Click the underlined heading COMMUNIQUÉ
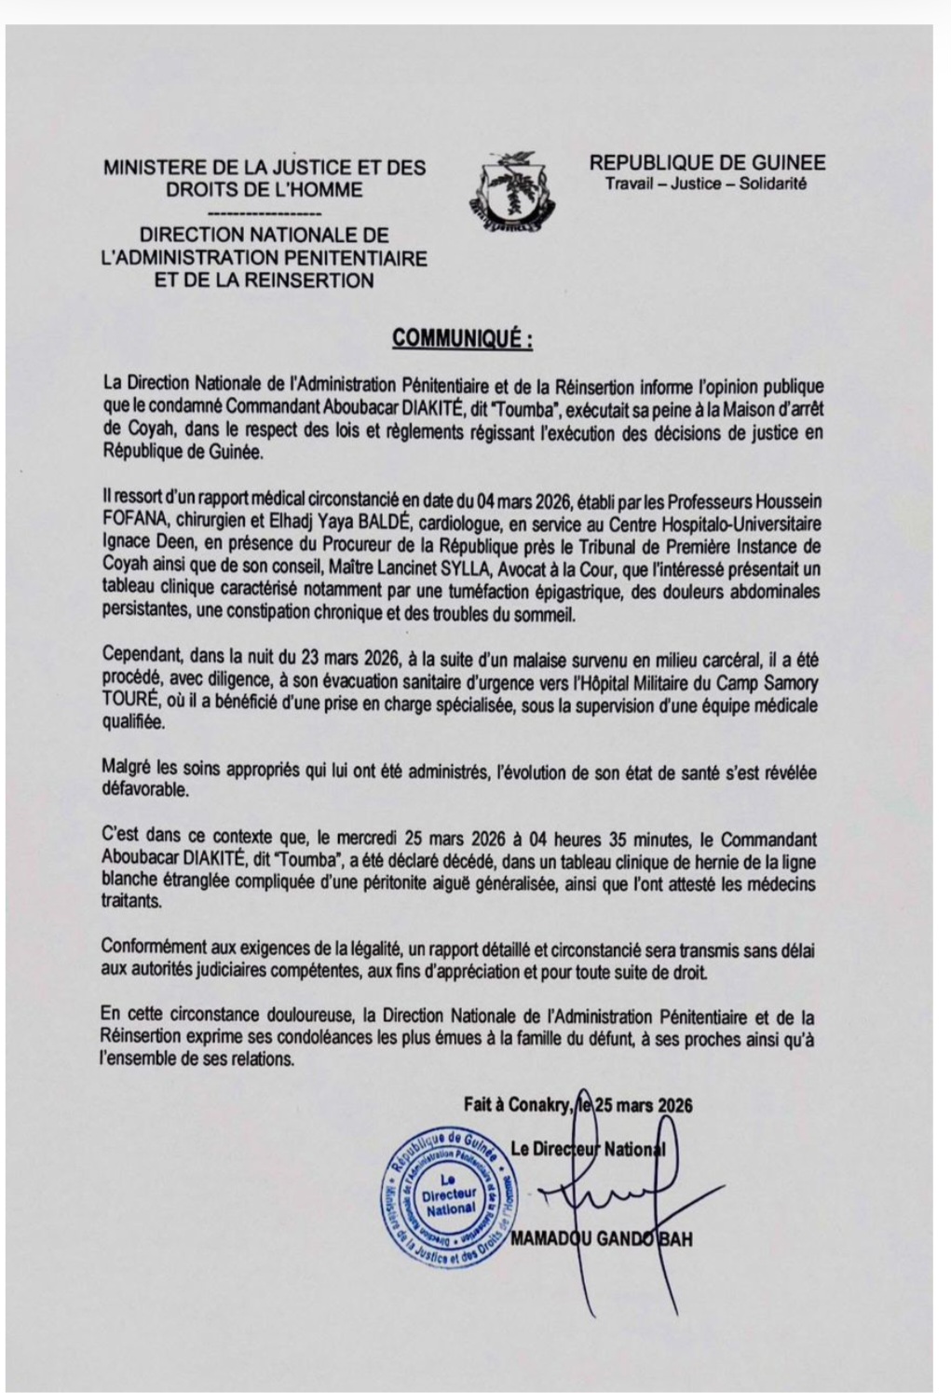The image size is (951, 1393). (462, 338)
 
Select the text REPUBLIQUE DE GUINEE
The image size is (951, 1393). (707, 164)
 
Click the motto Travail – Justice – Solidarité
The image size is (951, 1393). (706, 184)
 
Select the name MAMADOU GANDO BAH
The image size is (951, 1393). (601, 1239)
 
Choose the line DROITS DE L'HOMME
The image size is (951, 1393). (265, 190)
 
